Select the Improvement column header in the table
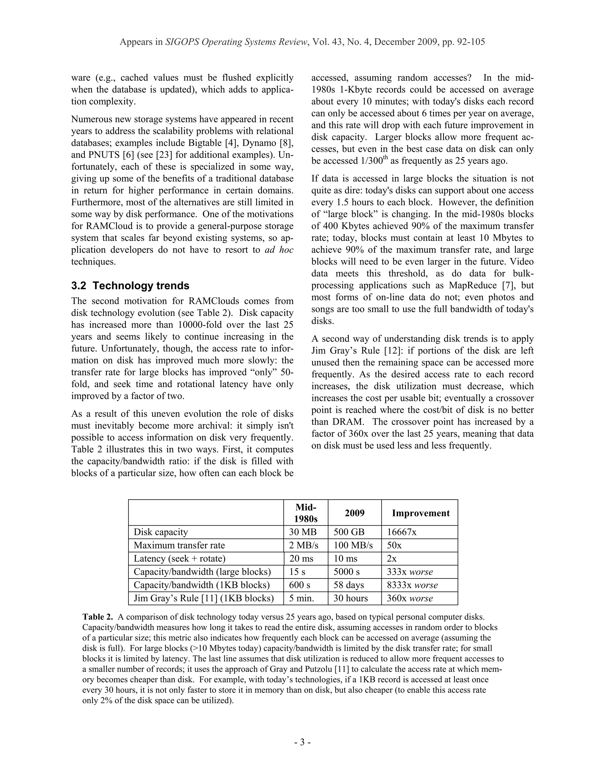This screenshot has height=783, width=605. [x=420, y=513]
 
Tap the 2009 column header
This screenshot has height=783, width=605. [x=354, y=513]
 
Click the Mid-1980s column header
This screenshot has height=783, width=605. [x=306, y=513]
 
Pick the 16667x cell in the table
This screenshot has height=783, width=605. [x=401, y=532]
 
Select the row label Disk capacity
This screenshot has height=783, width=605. [x=161, y=532]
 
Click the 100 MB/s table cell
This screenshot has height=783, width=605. [x=353, y=545]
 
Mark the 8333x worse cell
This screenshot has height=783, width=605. [x=412, y=585]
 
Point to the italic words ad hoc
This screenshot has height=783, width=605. [x=279, y=250]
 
